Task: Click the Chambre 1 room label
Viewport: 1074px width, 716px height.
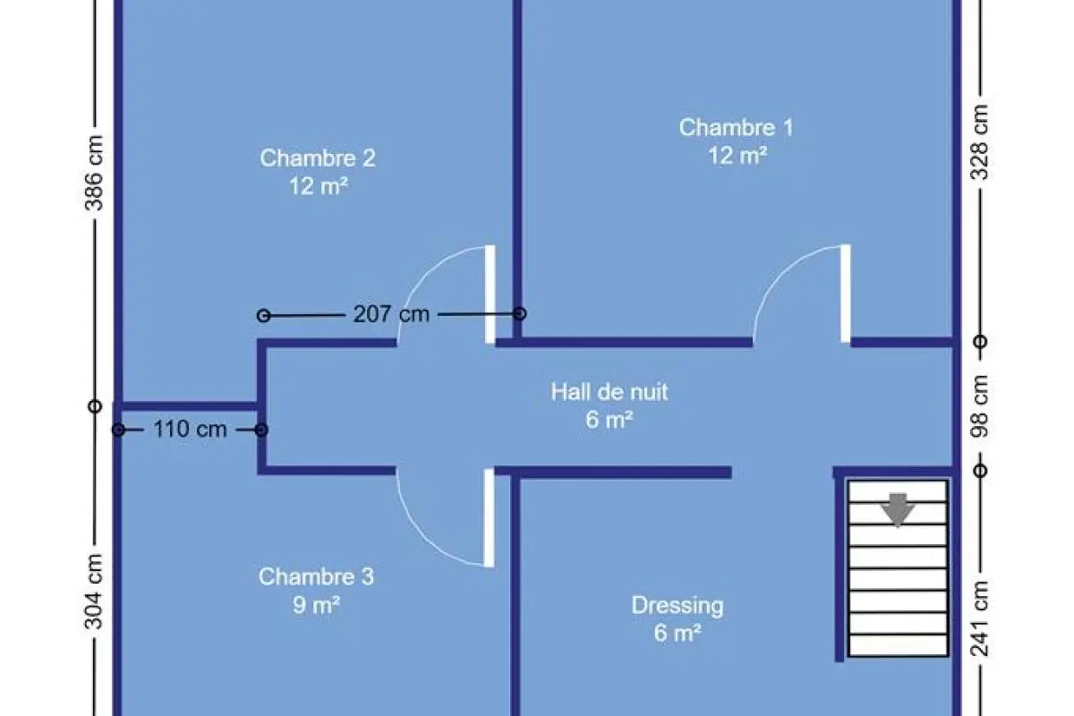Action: pos(736,127)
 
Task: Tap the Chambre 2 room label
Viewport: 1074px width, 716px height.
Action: pos(318,158)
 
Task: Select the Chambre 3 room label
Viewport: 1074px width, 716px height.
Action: pos(316,577)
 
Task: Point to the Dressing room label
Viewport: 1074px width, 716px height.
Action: pos(678,606)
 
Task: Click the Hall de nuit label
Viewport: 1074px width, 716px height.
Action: pos(609,391)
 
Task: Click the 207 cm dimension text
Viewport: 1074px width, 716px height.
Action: pos(391,314)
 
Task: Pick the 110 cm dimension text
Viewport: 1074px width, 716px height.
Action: pos(190,429)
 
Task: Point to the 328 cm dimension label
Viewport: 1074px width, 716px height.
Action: pos(981,141)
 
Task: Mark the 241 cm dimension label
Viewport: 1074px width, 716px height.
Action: pos(981,618)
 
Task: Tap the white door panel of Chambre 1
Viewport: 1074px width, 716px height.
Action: pos(846,294)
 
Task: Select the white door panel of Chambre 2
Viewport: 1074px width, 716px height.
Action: pos(490,294)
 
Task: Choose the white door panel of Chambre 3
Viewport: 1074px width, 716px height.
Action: pos(489,517)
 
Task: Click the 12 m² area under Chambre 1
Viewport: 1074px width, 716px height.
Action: pos(737,156)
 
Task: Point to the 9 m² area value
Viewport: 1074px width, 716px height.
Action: pos(316,605)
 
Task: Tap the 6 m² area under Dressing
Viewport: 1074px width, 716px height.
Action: pos(677,634)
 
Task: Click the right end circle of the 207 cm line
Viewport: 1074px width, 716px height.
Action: pos(519,313)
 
